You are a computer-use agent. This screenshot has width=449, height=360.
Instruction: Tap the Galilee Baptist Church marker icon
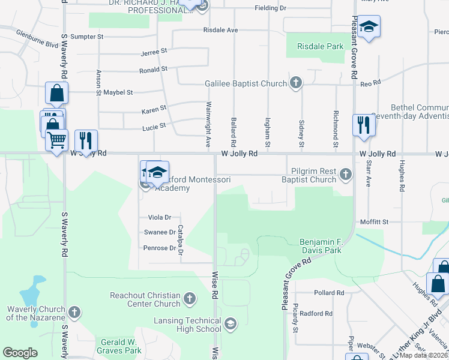[295, 83]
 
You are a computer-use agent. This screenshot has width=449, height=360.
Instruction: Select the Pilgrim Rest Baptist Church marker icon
[345, 175]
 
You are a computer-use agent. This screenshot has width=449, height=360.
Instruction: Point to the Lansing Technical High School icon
[229, 325]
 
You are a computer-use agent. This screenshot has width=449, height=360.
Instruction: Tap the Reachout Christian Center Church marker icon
[190, 298]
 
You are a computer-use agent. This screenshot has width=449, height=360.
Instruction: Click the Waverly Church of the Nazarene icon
[74, 312]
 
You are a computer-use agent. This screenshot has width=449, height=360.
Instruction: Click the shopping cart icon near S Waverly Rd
[56, 140]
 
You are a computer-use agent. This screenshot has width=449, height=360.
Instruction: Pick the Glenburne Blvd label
[37, 38]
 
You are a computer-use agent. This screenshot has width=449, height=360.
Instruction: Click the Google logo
[20, 352]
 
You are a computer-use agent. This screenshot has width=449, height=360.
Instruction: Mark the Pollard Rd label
[328, 293]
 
